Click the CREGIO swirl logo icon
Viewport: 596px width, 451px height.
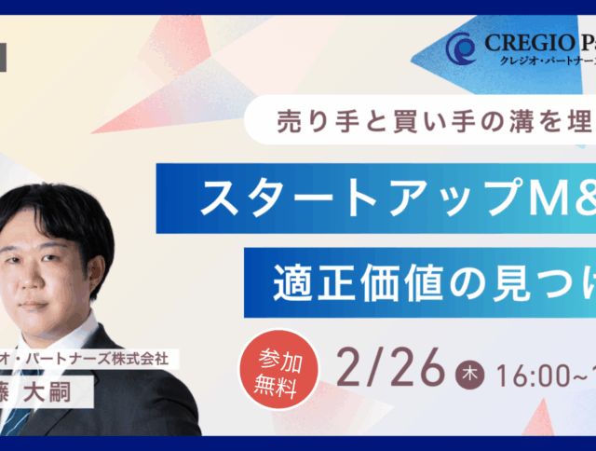pos(462,48)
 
